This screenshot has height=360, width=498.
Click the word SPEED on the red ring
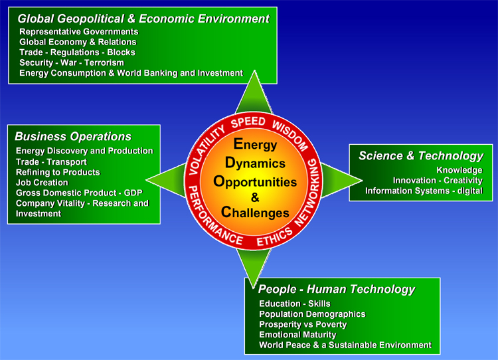(x=248, y=122)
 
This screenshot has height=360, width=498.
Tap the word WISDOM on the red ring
(x=290, y=135)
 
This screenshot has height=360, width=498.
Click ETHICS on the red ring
(x=274, y=236)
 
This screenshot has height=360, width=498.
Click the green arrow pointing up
(x=254, y=93)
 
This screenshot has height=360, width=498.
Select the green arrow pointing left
(x=166, y=180)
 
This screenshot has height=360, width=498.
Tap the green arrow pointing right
(x=341, y=181)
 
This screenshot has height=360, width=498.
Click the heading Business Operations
(x=73, y=136)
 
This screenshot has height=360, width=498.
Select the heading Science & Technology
(x=421, y=155)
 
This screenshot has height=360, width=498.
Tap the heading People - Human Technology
(x=337, y=289)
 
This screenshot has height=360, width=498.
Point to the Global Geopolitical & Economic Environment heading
(x=143, y=19)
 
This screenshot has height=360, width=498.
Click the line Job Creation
(x=42, y=183)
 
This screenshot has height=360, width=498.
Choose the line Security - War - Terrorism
(x=72, y=62)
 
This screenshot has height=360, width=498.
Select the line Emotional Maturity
(x=297, y=335)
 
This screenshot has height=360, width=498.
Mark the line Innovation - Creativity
(x=438, y=181)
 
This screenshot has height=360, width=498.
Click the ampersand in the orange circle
(x=255, y=197)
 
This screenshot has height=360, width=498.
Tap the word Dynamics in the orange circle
(x=255, y=163)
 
